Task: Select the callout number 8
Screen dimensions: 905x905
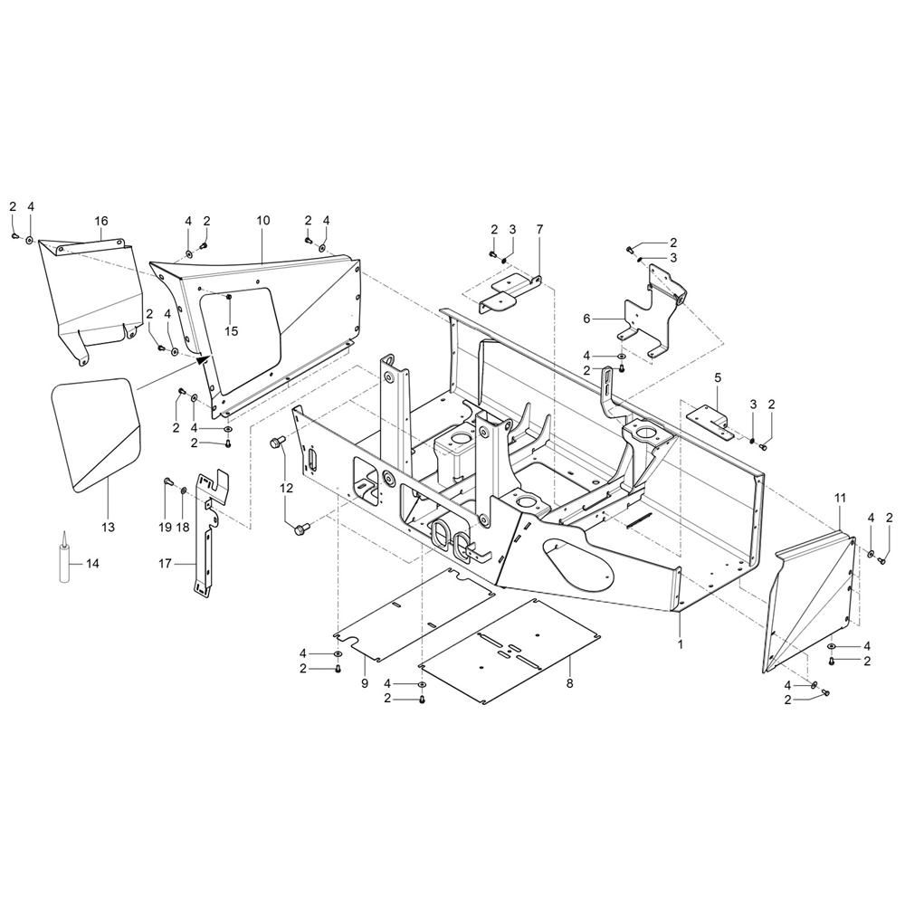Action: coord(569,685)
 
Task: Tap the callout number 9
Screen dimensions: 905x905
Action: coord(365,683)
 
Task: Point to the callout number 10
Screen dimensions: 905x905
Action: coord(263,221)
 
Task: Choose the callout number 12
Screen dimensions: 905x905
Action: coord(287,488)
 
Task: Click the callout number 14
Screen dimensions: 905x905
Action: coord(91,563)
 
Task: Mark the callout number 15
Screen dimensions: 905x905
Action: coord(231,331)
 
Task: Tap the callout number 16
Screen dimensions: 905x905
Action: coord(100,221)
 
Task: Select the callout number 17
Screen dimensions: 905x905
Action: coord(165,563)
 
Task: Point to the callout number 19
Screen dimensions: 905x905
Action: coord(165,527)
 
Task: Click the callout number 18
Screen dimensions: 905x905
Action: coord(184,527)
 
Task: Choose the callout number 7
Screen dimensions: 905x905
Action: coord(539,230)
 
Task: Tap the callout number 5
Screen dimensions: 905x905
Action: coord(718,376)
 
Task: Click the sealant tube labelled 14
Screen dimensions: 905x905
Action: coord(64,560)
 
